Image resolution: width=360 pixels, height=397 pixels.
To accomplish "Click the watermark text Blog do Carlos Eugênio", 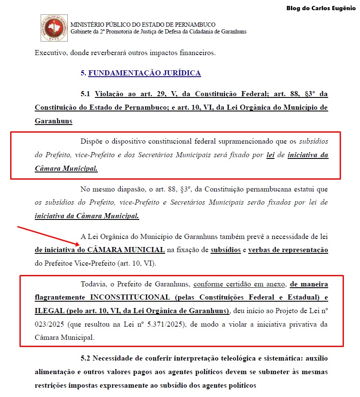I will [x=321, y=8].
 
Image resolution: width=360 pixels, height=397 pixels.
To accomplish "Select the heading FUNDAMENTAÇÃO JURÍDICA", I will [x=144, y=73].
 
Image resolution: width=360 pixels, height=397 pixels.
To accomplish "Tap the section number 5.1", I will [x=86, y=94].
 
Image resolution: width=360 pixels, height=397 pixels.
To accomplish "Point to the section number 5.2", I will [x=86, y=358].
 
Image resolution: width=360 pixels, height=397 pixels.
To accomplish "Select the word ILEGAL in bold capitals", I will [x=49, y=311].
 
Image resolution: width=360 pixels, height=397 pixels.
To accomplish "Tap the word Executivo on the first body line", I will [x=51, y=53].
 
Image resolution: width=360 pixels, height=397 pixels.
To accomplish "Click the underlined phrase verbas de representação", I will [x=288, y=250].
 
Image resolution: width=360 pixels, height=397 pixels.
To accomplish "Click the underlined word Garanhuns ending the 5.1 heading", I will [x=53, y=121].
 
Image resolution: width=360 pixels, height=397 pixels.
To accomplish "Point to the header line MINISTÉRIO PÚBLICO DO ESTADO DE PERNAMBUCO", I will [x=143, y=25].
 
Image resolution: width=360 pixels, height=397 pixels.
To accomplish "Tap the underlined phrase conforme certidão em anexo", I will [x=240, y=283].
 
